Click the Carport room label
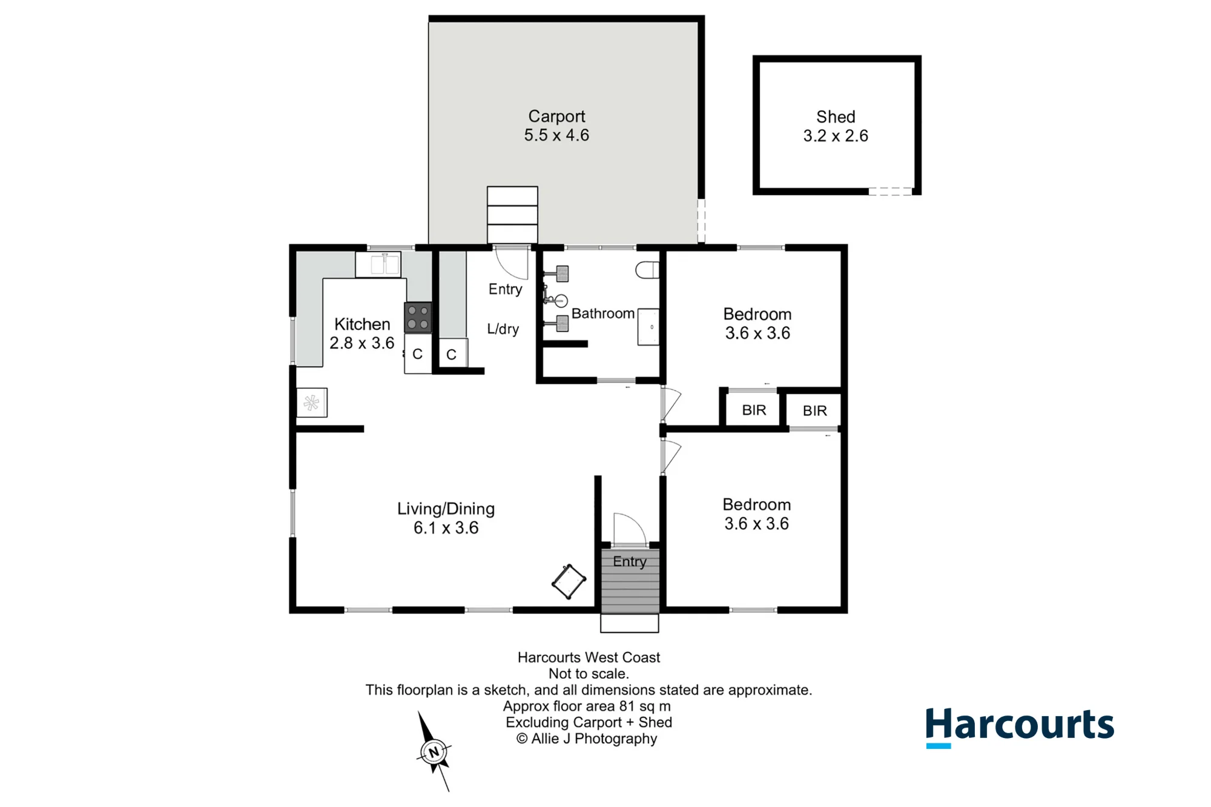point(556,116)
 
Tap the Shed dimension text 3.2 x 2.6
point(836,136)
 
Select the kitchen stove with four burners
point(418,317)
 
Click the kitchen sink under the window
point(378,265)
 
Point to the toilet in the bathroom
point(647,270)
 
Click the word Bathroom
point(603,314)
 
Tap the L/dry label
point(503,329)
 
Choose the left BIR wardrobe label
point(754,410)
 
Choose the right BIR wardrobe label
point(814,411)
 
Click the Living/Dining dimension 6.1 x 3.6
point(446,528)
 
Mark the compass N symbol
point(434,752)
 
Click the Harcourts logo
point(1020,726)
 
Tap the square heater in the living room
point(569,582)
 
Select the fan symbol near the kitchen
point(312,403)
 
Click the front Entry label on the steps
point(630,561)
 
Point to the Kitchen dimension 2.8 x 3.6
point(362,343)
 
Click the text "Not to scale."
point(589,673)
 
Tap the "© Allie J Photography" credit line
point(587,739)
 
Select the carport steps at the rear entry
point(512,215)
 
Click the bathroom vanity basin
point(648,327)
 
